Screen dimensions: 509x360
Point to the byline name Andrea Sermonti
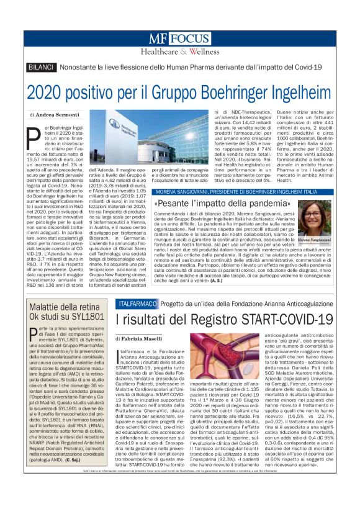[58, 115]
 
